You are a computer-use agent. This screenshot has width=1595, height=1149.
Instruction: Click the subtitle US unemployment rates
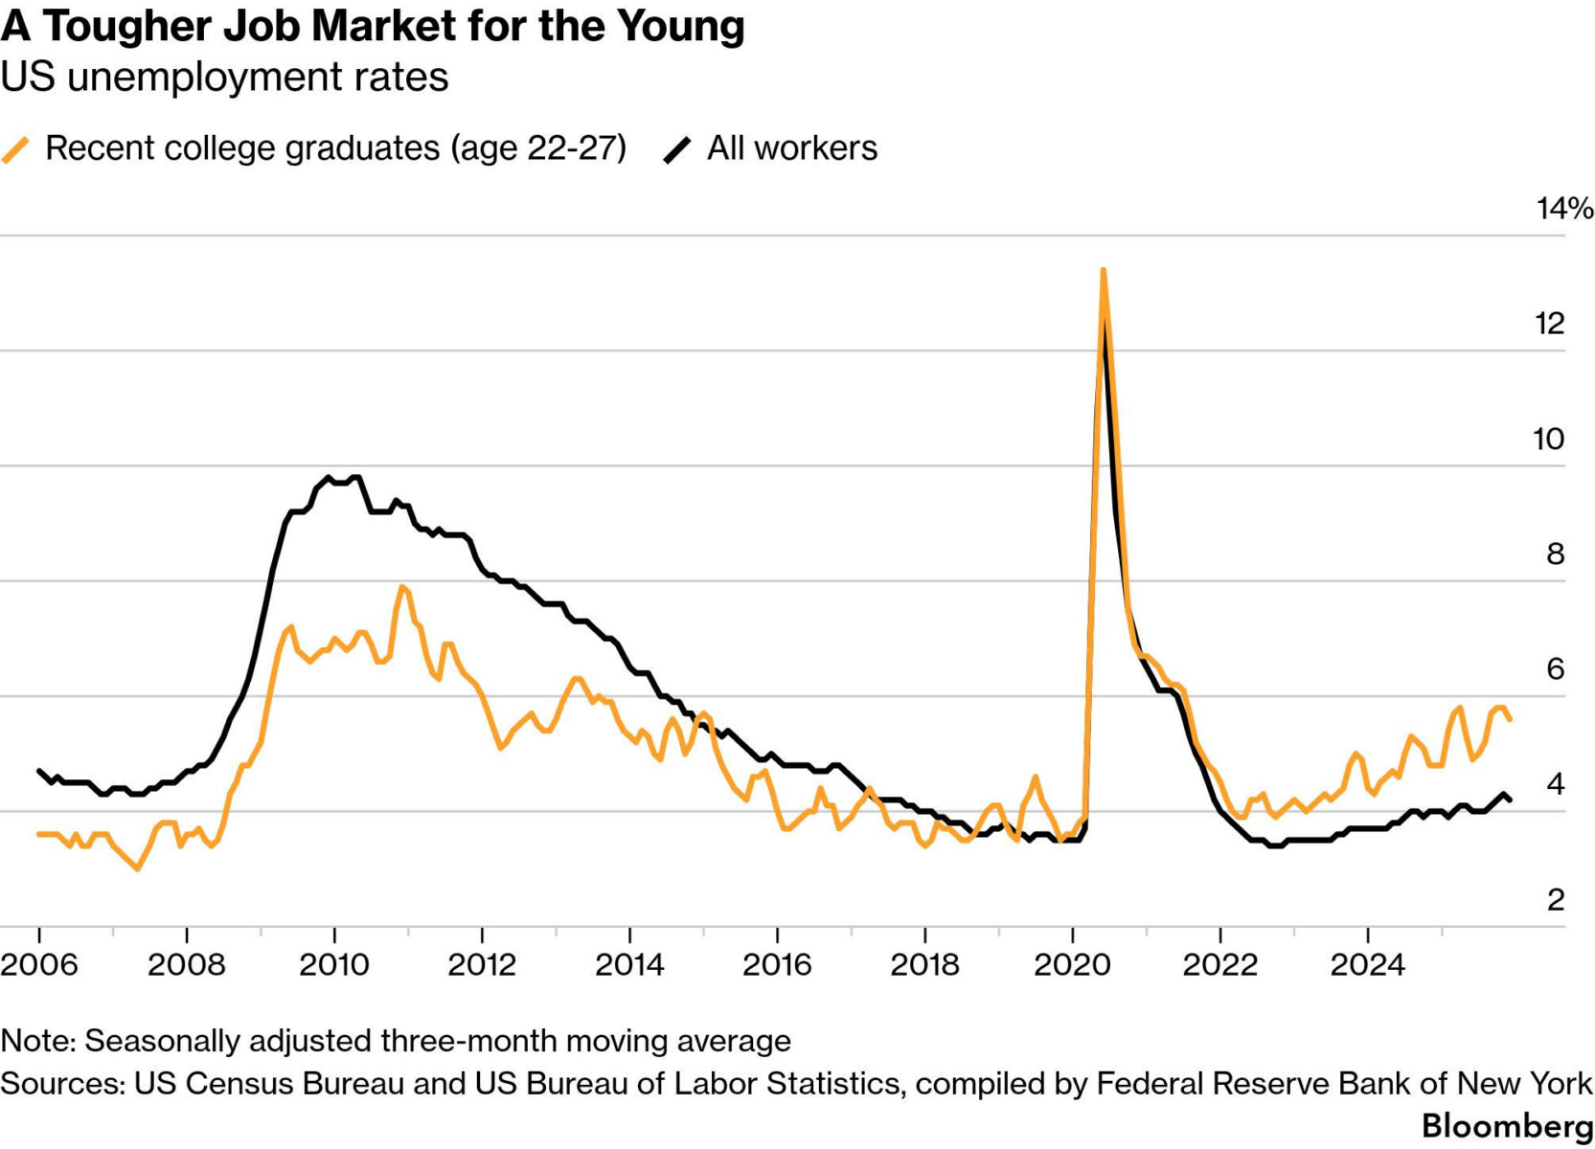tap(224, 78)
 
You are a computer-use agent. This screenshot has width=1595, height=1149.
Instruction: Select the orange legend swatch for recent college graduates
tap(16, 149)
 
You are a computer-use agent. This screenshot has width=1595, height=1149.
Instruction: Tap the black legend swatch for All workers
tap(677, 149)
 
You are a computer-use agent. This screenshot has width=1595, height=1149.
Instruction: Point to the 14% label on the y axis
tap(1564, 209)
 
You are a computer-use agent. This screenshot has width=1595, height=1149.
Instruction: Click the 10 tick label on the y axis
tap(1548, 439)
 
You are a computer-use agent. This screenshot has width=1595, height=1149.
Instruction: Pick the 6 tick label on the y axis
tap(1555, 669)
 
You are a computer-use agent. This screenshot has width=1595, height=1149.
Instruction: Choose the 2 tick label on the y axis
tap(1555, 900)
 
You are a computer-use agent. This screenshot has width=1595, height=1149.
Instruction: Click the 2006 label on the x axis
tap(39, 964)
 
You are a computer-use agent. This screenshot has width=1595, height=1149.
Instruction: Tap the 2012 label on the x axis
tap(482, 964)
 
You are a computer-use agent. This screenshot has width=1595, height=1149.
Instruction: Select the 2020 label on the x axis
tap(1072, 964)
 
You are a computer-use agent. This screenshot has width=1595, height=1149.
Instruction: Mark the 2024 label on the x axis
tap(1367, 964)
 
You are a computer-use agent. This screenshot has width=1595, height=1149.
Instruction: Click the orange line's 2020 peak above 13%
tap(1104, 271)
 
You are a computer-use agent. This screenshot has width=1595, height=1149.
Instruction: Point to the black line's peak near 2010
tap(329, 477)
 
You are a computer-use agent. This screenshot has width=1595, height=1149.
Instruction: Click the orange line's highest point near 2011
tap(401, 587)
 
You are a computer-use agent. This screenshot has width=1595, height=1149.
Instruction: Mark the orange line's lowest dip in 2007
tap(138, 868)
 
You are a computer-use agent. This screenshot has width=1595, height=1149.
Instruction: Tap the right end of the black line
tap(1511, 800)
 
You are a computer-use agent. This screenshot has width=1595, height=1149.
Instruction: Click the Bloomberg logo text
tap(1508, 1126)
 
